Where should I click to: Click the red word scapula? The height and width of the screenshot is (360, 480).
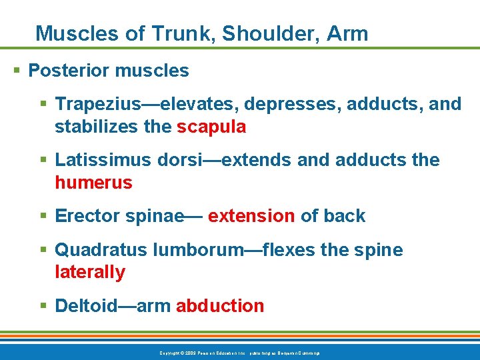click(211, 127)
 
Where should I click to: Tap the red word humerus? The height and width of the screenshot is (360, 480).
click(93, 183)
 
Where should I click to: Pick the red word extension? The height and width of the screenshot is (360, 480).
click(251, 216)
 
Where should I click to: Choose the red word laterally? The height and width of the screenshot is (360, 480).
click(90, 272)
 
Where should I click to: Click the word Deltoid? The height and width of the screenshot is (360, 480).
click(85, 306)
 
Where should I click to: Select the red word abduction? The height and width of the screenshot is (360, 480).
click(219, 306)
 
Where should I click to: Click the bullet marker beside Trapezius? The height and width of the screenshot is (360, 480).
click(44, 104)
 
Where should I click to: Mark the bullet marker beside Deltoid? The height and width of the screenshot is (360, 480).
click(44, 306)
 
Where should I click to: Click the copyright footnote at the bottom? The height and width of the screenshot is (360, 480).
click(240, 353)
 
